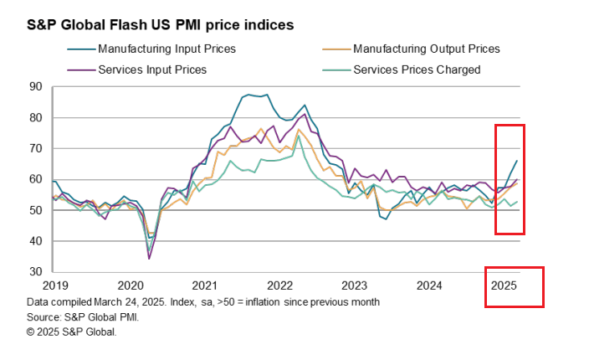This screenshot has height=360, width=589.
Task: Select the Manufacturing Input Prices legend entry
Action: pyautogui.click(x=166, y=49)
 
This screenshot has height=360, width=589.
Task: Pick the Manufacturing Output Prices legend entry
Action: pyautogui.click(x=426, y=49)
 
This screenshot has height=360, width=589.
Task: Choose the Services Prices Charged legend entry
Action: pyautogui.click(x=417, y=69)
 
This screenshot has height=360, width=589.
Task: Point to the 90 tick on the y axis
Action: pyautogui.click(x=35, y=86)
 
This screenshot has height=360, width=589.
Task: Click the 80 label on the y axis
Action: pyautogui.click(x=35, y=117)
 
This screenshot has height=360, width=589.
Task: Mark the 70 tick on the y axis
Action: pyautogui.click(x=35, y=148)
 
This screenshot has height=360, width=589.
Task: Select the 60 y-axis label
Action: pyautogui.click(x=35, y=179)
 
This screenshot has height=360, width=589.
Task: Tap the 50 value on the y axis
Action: pyautogui.click(x=35, y=210)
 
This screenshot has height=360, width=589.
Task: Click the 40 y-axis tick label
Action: pyautogui.click(x=35, y=241)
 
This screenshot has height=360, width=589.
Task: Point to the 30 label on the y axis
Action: pyautogui.click(x=35, y=272)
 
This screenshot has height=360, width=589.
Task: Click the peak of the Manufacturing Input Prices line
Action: pyautogui.click(x=267, y=95)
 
